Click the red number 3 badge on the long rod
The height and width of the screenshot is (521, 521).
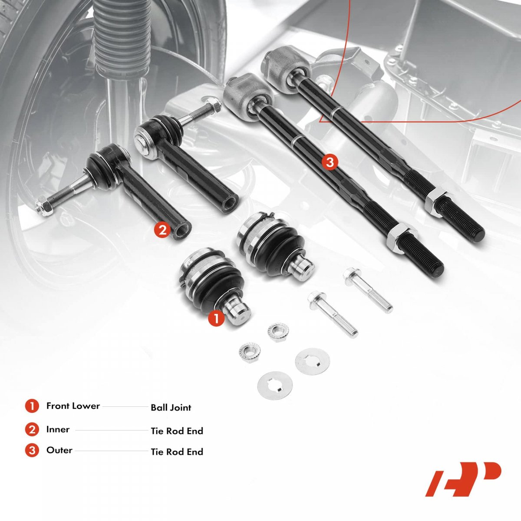coord(330,162)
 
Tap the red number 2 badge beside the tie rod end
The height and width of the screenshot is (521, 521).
coord(162,230)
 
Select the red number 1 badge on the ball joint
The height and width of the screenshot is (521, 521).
coord(216,319)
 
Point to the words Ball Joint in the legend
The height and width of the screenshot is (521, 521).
coord(171,407)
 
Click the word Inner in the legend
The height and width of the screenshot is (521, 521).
coord(58,429)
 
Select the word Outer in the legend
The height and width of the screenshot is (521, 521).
coord(59,450)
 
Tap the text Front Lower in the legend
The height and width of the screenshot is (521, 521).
coord(73,406)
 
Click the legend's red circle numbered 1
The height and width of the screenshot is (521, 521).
coord(32,406)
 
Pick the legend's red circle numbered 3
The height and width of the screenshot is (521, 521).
coord(32,451)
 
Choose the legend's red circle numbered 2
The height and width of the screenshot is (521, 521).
coord(32,430)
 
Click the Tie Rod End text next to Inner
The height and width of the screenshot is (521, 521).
coord(177,431)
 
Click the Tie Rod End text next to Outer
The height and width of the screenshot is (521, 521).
coord(177,452)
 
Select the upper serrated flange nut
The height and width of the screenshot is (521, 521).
coord(278,332)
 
